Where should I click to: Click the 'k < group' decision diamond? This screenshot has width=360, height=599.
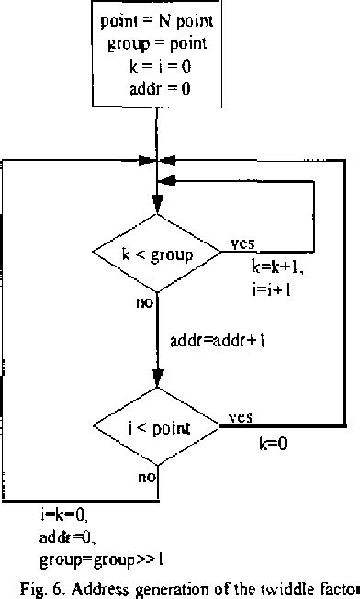[x=158, y=254]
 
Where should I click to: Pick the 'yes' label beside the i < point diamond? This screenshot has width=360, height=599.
[x=241, y=416]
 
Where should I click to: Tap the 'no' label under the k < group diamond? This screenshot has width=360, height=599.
[x=144, y=302]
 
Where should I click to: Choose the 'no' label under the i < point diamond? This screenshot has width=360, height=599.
[x=147, y=477]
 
